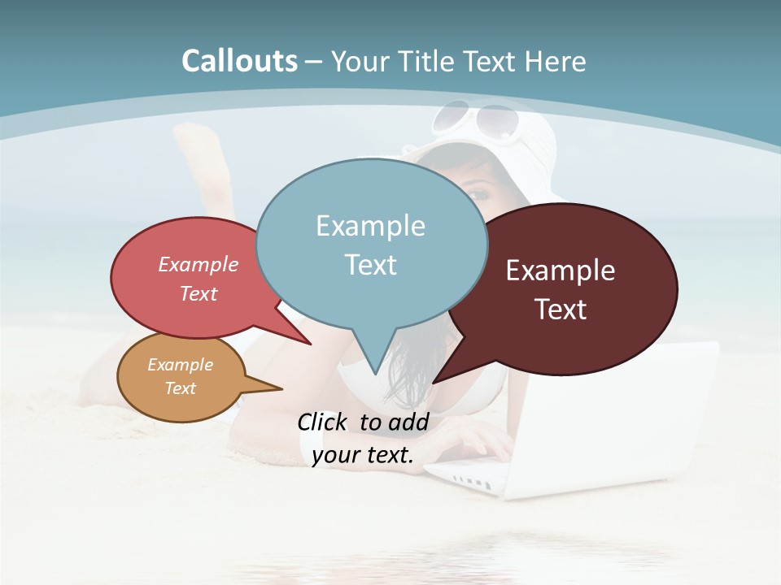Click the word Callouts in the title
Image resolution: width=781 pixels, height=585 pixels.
point(239,61)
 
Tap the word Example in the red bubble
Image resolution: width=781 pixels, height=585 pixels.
point(198,264)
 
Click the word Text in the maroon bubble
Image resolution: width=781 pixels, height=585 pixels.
point(561,310)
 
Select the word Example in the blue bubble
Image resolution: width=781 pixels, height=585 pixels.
point(370,226)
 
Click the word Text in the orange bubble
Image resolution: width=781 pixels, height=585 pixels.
point(181,388)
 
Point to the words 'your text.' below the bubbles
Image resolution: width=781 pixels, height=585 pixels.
point(363,455)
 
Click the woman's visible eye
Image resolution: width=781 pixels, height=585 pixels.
point(479,196)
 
